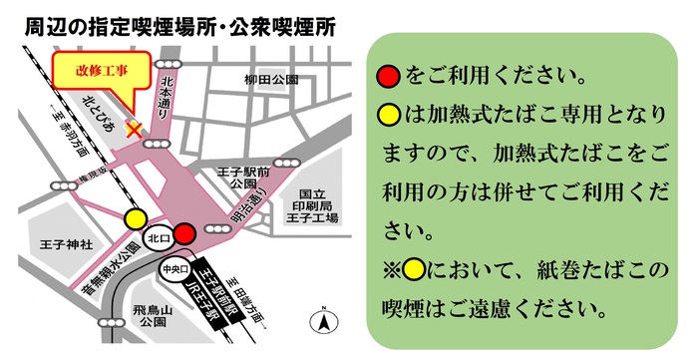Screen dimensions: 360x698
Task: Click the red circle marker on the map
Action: [x=183, y=235]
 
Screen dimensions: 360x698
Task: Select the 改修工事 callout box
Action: [x=103, y=71]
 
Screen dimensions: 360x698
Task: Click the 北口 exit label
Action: [x=155, y=239]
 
